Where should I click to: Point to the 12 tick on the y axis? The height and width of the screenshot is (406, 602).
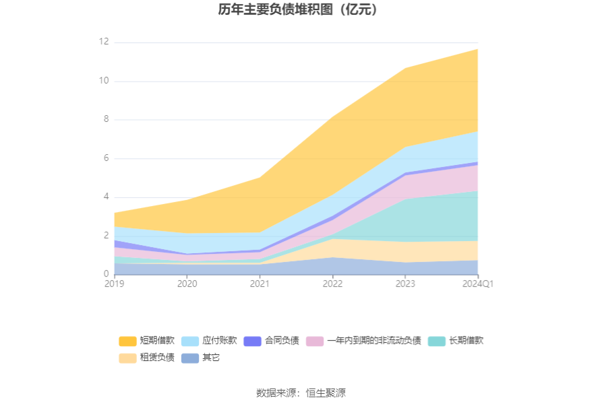pyautogui.click(x=103, y=42)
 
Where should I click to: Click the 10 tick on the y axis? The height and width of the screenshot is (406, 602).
pyautogui.click(x=103, y=81)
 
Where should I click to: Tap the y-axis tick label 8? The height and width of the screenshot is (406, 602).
pyautogui.click(x=105, y=120)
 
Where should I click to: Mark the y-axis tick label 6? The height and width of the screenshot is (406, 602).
pyautogui.click(x=105, y=159)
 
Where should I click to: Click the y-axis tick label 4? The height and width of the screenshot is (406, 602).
pyautogui.click(x=105, y=197)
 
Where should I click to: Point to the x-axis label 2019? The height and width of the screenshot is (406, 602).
pyautogui.click(x=115, y=284)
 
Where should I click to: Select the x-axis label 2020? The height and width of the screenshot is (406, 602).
pyautogui.click(x=187, y=284)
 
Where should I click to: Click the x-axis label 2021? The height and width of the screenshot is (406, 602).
pyautogui.click(x=260, y=284)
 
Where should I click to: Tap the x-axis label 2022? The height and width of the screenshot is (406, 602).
pyautogui.click(x=332, y=284)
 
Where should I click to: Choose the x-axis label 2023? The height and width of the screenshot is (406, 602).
pyautogui.click(x=405, y=284)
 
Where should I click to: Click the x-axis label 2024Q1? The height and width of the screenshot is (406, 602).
pyautogui.click(x=477, y=284)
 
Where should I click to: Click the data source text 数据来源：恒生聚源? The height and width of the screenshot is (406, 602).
pyautogui.click(x=301, y=393)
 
